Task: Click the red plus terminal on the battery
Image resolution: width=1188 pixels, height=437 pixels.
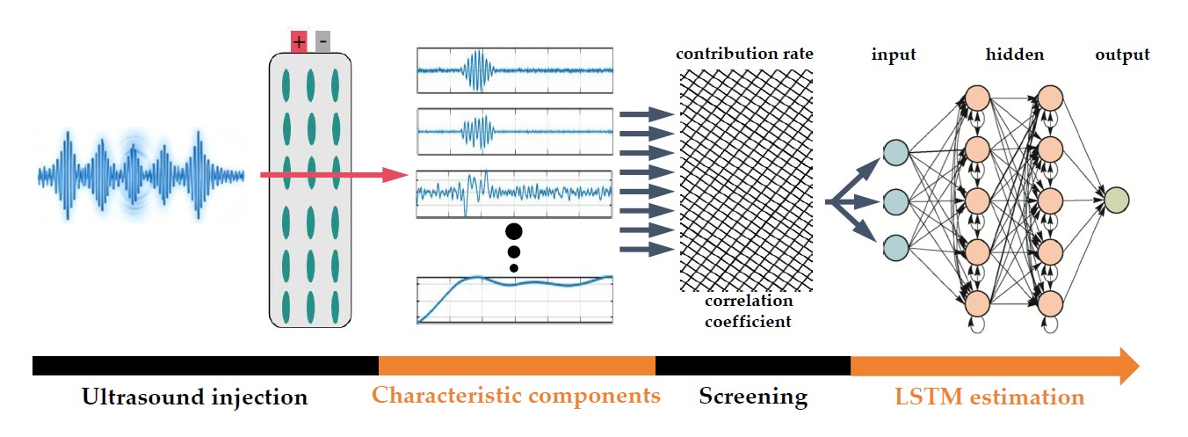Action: click(299, 41)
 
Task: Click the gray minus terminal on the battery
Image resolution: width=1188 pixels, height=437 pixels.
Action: click(322, 41)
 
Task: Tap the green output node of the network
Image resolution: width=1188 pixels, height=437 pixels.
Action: click(1116, 200)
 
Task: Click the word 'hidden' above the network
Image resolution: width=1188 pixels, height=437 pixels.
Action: click(1014, 55)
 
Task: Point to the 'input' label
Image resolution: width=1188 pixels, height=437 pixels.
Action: click(894, 55)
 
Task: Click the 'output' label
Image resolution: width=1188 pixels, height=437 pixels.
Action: click(1122, 55)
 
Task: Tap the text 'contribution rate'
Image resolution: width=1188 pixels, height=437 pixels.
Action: click(744, 55)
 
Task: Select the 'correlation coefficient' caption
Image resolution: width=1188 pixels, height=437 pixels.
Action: click(748, 312)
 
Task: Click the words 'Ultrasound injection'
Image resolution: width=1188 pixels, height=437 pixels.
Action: click(195, 397)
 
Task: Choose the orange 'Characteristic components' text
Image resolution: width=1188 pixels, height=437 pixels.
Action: click(516, 395)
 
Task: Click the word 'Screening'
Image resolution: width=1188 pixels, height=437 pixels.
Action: click(753, 397)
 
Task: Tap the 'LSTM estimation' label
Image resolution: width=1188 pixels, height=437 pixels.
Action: click(989, 397)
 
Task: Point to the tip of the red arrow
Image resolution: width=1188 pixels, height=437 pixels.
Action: click(407, 176)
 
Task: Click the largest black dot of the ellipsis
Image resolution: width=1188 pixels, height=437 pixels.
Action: click(514, 232)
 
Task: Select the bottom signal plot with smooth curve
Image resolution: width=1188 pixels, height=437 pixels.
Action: click(515, 300)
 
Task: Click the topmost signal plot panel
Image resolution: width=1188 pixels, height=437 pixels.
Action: click(515, 69)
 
